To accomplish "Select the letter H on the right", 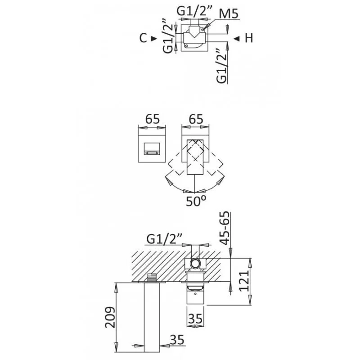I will [248, 39].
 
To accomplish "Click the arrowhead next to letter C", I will [154, 39].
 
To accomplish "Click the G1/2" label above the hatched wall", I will [162, 238].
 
